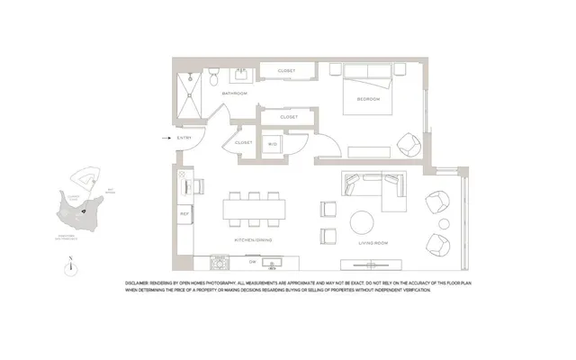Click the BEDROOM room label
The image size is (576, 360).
point(368,98)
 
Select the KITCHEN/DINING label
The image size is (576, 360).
point(255,241)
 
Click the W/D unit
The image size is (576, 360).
point(273,144)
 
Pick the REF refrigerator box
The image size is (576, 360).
point(184,213)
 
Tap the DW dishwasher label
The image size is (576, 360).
point(240,262)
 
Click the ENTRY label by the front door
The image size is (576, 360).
point(184,138)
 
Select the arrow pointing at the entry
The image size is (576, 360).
point(166,138)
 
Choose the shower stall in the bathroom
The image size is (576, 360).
point(192,91)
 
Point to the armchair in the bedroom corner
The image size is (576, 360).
point(407,144)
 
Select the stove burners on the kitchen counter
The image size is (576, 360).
point(217,262)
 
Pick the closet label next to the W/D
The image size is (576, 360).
point(244,142)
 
